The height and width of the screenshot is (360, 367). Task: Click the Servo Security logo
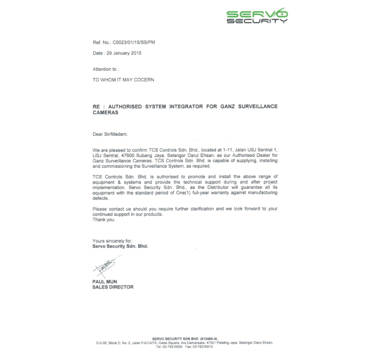click(257, 16)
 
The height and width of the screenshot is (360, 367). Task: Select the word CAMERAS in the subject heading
click(105, 113)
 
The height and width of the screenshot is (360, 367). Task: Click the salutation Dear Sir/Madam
click(110, 134)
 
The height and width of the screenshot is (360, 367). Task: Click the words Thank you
click(103, 220)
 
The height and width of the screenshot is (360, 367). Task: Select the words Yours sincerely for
click(112, 241)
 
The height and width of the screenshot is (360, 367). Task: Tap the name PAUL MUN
click(104, 282)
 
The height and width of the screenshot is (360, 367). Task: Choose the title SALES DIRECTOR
click(112, 287)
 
